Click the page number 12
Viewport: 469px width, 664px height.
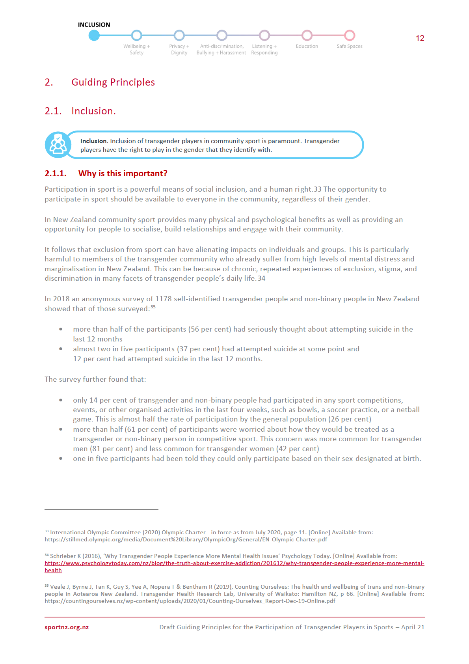pos(420,38)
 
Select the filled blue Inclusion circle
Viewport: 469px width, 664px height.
pos(94,35)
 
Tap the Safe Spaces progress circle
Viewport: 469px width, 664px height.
pos(349,35)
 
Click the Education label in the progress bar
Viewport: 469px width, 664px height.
pos(307,47)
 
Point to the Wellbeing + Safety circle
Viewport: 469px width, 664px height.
pos(137,35)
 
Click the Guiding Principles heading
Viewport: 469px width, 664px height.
pos(113,82)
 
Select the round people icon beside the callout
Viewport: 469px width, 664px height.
pos(58,145)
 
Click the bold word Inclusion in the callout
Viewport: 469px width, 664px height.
pos(93,141)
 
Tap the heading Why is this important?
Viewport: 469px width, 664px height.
pos(123,173)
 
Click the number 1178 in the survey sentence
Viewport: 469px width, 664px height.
pos(163,299)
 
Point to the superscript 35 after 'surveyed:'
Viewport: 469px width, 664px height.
pos(153,307)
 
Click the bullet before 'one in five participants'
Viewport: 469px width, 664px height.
pos(61,459)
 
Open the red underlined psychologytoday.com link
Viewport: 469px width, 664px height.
pos(234,563)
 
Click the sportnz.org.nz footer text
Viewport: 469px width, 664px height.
pos(67,627)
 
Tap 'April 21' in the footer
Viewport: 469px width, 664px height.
pos(413,627)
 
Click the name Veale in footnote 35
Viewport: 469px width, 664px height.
pos(58,587)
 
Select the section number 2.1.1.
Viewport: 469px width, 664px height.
pos(56,173)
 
